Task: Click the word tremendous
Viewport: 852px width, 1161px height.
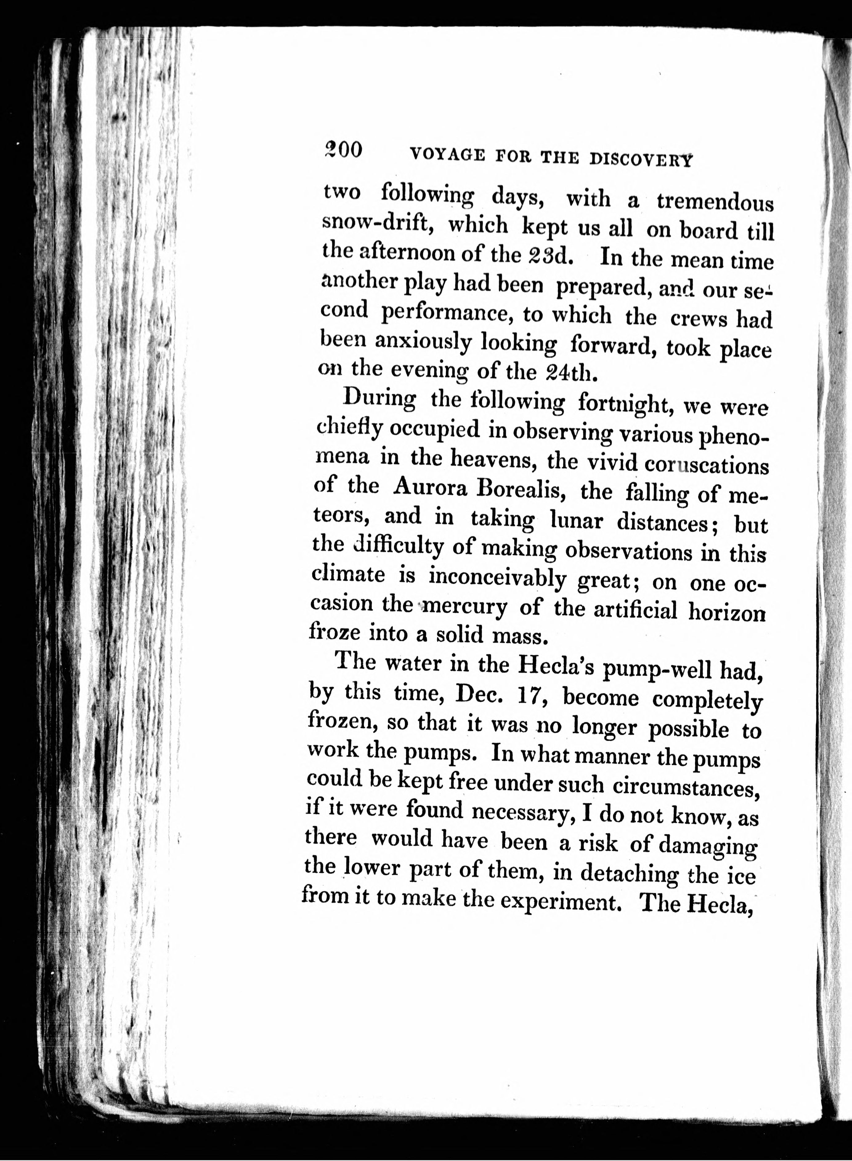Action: (x=715, y=203)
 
